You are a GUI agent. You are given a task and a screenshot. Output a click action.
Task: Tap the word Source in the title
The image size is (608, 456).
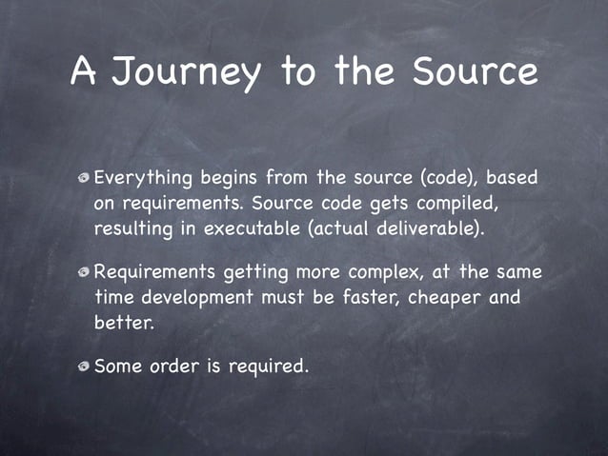tap(473, 71)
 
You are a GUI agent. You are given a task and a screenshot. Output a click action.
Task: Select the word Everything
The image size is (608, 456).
tap(143, 178)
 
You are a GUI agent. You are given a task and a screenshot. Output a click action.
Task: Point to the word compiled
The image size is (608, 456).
tap(452, 204)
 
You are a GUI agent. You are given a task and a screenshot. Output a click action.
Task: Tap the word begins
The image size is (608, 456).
tap(229, 178)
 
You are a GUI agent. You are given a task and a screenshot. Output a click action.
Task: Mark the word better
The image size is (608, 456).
tap(124, 323)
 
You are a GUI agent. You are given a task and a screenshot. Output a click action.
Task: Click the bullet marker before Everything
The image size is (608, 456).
tap(85, 178)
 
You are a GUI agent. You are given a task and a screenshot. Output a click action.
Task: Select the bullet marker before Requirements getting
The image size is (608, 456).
tap(85, 273)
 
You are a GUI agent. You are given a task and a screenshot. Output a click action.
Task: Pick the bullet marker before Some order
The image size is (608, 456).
tap(85, 367)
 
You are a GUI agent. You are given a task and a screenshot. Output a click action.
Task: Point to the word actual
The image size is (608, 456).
tap(359, 229)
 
